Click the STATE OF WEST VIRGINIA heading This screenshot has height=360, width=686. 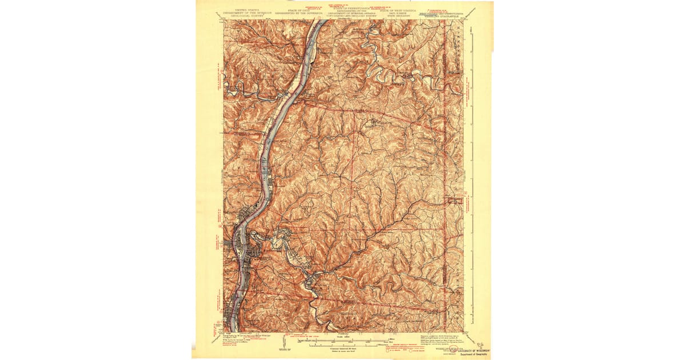[x=408, y=10]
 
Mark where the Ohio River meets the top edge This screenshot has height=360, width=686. [x=316, y=22]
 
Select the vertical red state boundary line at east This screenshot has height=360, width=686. [x=445, y=171]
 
